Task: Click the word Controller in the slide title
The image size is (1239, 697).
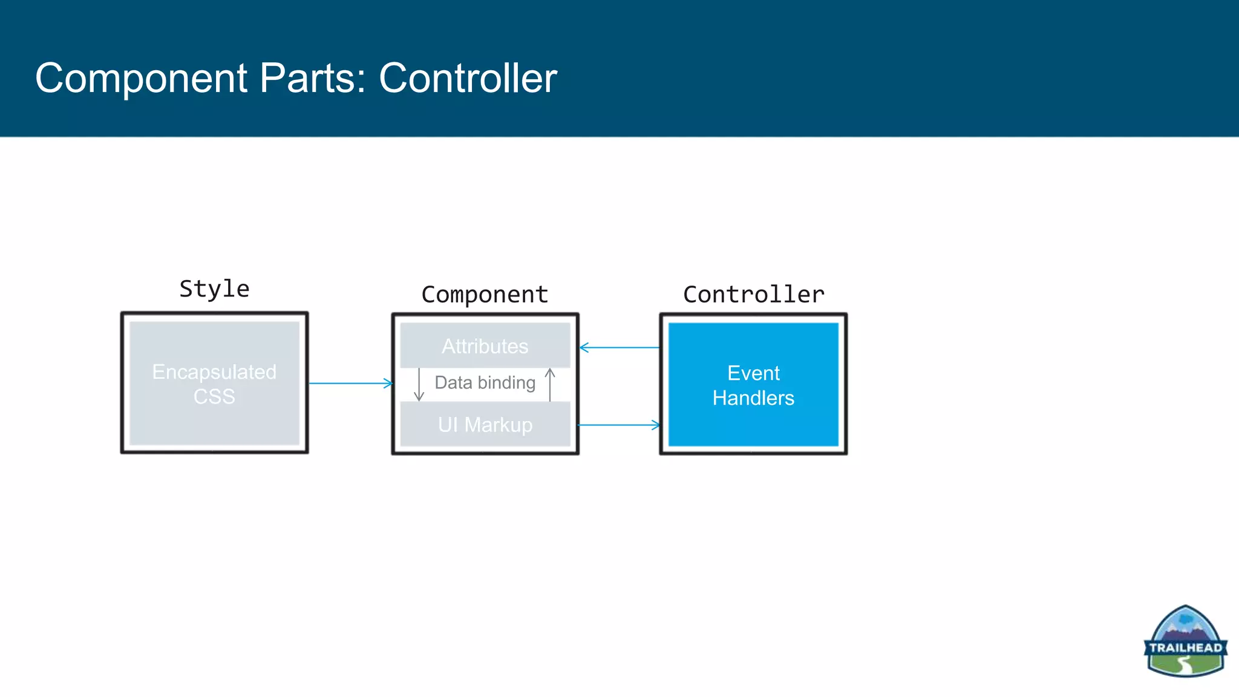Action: click(x=467, y=78)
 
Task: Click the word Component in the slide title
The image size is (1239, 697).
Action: click(x=142, y=78)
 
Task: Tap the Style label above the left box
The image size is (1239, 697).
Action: click(x=214, y=289)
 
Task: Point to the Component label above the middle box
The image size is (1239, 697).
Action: click(x=485, y=295)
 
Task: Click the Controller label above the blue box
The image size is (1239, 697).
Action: click(x=753, y=295)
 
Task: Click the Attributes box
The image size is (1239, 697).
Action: click(x=485, y=346)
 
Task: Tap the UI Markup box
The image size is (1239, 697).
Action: click(x=485, y=425)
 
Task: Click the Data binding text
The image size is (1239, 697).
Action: click(x=485, y=382)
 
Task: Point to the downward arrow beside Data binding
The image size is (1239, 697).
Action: click(x=419, y=384)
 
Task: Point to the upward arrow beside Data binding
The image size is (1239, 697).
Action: click(x=550, y=384)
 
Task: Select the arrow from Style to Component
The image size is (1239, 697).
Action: click(x=350, y=383)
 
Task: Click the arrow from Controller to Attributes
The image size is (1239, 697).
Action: click(x=619, y=347)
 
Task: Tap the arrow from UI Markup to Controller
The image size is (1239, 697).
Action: click(x=619, y=425)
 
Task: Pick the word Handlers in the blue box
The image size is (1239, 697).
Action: click(x=753, y=398)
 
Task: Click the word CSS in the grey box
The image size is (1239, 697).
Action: click(x=214, y=396)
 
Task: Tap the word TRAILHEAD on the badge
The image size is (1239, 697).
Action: click(x=1185, y=647)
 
